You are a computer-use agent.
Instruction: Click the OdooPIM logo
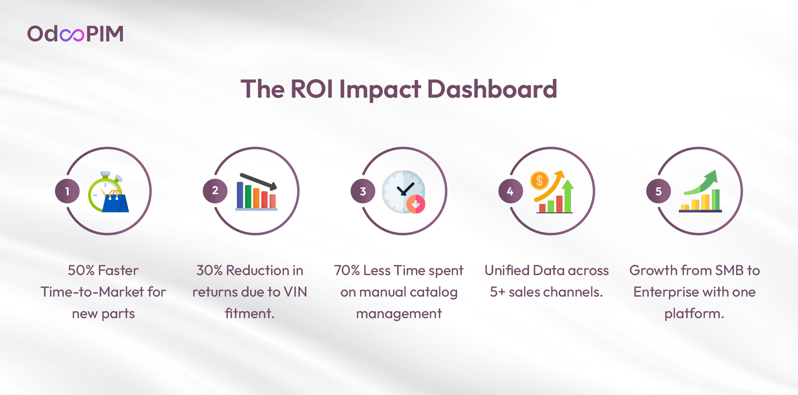75,33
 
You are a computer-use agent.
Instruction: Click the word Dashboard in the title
492,88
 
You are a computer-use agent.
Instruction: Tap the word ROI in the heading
312,88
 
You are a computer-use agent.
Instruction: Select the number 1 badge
67,191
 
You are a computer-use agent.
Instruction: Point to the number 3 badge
363,191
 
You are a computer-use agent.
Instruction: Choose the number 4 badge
511,191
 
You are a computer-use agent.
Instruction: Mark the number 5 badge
659,191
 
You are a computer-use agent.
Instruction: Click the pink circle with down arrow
416,204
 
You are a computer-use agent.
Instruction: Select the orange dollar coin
539,181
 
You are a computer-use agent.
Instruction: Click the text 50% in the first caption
81,270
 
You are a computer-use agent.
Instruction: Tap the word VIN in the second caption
295,292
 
